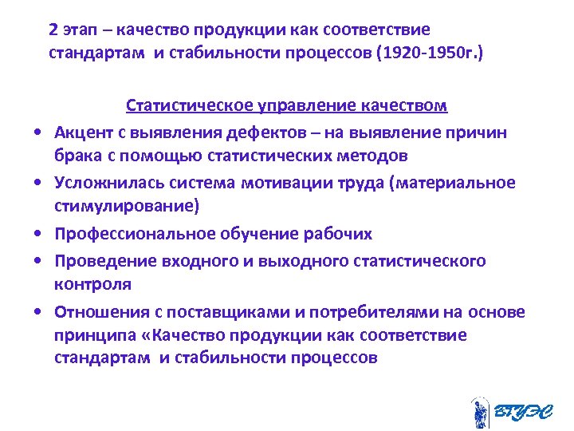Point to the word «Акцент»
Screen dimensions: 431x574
84,131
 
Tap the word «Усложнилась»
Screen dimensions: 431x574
104,183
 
